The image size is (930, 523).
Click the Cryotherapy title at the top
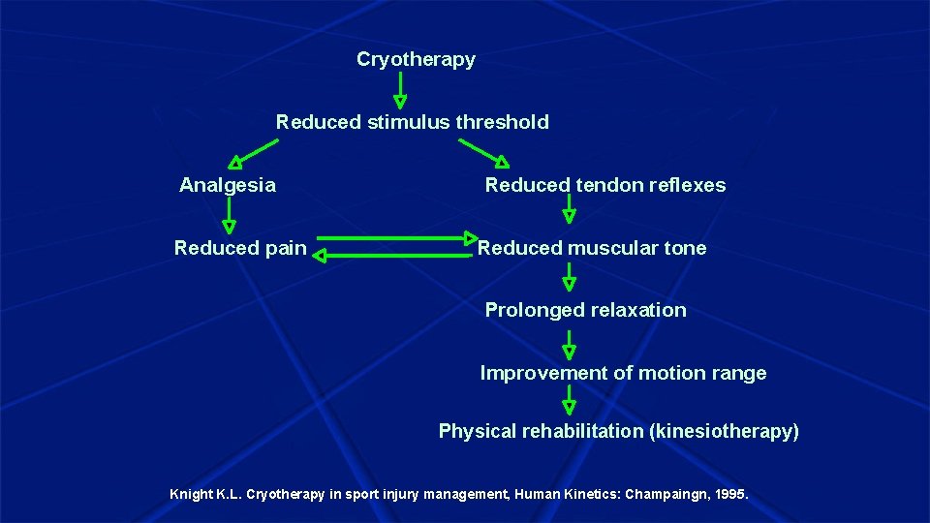point(416,59)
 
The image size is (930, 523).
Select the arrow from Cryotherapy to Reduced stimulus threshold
point(399,89)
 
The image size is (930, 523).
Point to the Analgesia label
point(228,185)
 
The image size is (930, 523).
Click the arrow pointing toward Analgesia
point(253,152)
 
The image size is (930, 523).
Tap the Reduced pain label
point(240,248)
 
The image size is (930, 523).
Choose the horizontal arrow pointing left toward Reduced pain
point(393,257)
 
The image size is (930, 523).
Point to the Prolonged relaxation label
point(585,310)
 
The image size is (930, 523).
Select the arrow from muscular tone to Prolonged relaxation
point(569,277)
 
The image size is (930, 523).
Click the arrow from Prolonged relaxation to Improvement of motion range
point(569,344)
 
